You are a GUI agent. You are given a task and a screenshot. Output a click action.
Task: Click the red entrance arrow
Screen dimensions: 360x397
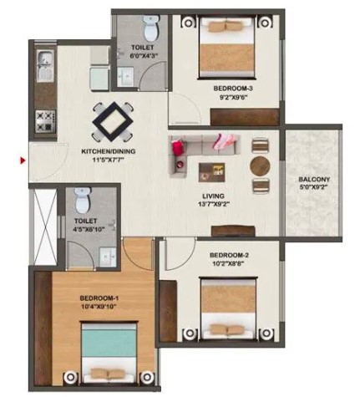pos(23,160)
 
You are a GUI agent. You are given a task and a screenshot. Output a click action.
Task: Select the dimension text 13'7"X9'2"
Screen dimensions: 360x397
pos(214,204)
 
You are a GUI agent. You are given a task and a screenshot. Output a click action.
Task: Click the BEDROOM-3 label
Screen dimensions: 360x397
pos(233,89)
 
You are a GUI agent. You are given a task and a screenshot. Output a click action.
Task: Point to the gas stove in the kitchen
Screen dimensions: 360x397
pos(45,120)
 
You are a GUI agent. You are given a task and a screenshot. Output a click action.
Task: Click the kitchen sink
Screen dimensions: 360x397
pos(44,66)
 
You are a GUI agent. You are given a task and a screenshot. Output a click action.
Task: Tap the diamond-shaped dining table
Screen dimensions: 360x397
pos(113,122)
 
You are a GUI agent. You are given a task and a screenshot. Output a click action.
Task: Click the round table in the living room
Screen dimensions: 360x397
pos(260,166)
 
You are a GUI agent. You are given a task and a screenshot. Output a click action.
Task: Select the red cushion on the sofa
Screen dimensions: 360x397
pos(177,148)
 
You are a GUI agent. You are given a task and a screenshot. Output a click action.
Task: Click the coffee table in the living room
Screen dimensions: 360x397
pos(211,172)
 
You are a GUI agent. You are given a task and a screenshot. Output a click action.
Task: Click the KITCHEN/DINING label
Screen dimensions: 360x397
pos(109,151)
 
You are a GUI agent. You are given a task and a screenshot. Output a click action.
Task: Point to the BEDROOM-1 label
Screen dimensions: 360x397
pos(99,298)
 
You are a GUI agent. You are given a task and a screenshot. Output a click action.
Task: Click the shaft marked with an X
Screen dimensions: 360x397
pos(45,226)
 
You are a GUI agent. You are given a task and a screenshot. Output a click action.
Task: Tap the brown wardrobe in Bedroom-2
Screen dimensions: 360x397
pos(168,311)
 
